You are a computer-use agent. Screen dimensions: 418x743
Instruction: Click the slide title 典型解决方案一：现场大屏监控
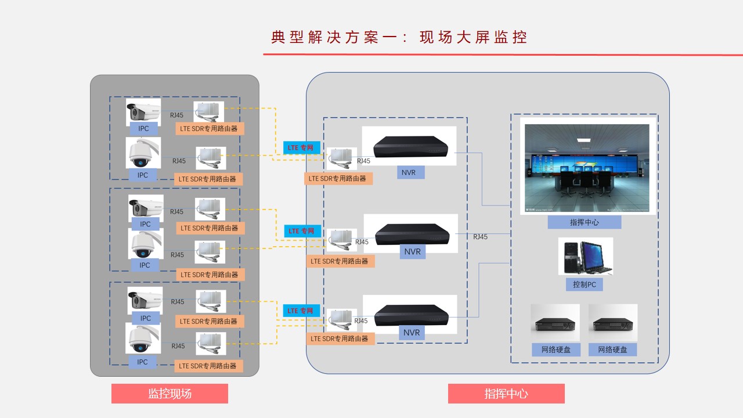(399, 37)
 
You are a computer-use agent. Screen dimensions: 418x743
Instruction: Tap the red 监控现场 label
(169, 394)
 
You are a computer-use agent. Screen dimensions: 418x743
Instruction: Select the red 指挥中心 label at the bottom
(506, 394)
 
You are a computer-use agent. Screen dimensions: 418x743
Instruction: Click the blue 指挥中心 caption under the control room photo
(584, 222)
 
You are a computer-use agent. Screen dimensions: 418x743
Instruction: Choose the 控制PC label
(584, 284)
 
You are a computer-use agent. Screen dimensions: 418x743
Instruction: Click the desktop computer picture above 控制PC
(585, 256)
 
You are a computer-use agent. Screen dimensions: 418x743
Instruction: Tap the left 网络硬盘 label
(556, 349)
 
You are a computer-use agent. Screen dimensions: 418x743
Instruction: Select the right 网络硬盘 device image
(613, 323)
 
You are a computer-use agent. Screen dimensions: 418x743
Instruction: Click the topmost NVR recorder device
(409, 146)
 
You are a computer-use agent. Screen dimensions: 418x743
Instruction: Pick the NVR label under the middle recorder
(412, 252)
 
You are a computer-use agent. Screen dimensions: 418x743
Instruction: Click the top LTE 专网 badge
(301, 148)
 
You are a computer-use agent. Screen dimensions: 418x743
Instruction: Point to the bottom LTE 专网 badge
(301, 311)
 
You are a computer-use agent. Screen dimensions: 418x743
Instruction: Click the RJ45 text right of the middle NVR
(480, 237)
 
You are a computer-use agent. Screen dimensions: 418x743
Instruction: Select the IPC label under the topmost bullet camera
(143, 128)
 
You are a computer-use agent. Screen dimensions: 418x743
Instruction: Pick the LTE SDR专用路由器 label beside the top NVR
(338, 178)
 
